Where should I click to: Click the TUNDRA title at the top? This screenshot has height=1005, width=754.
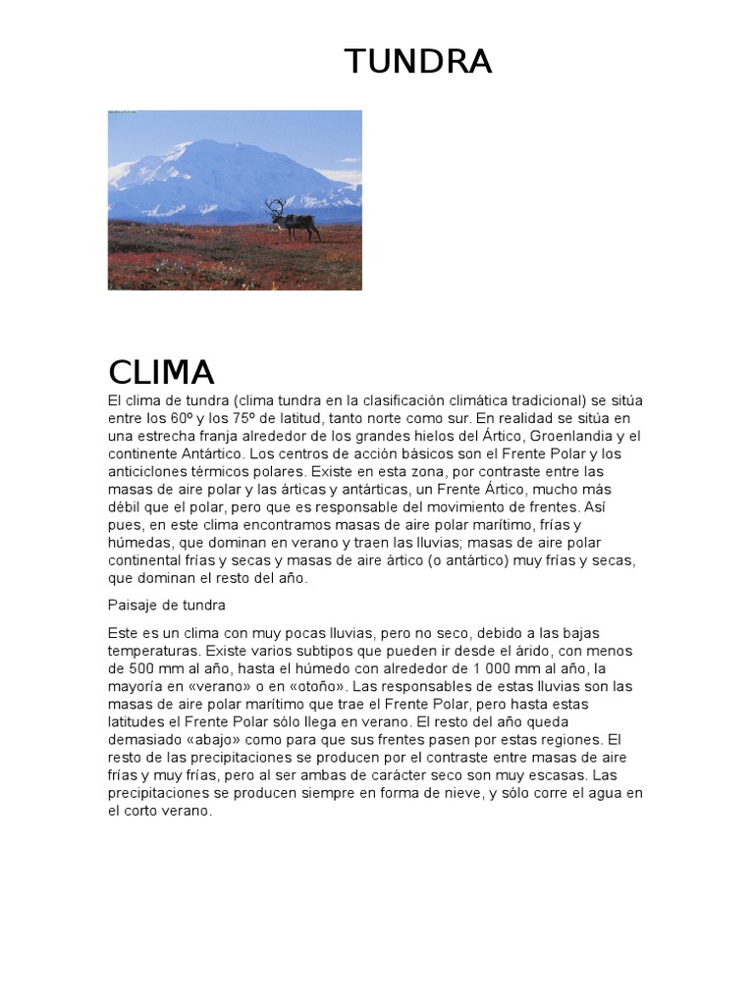(417, 62)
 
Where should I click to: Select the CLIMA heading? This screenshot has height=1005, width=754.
(161, 372)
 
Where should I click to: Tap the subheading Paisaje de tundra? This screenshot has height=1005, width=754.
(166, 606)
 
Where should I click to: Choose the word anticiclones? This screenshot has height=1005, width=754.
(152, 472)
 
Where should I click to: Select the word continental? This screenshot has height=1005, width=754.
(148, 561)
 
